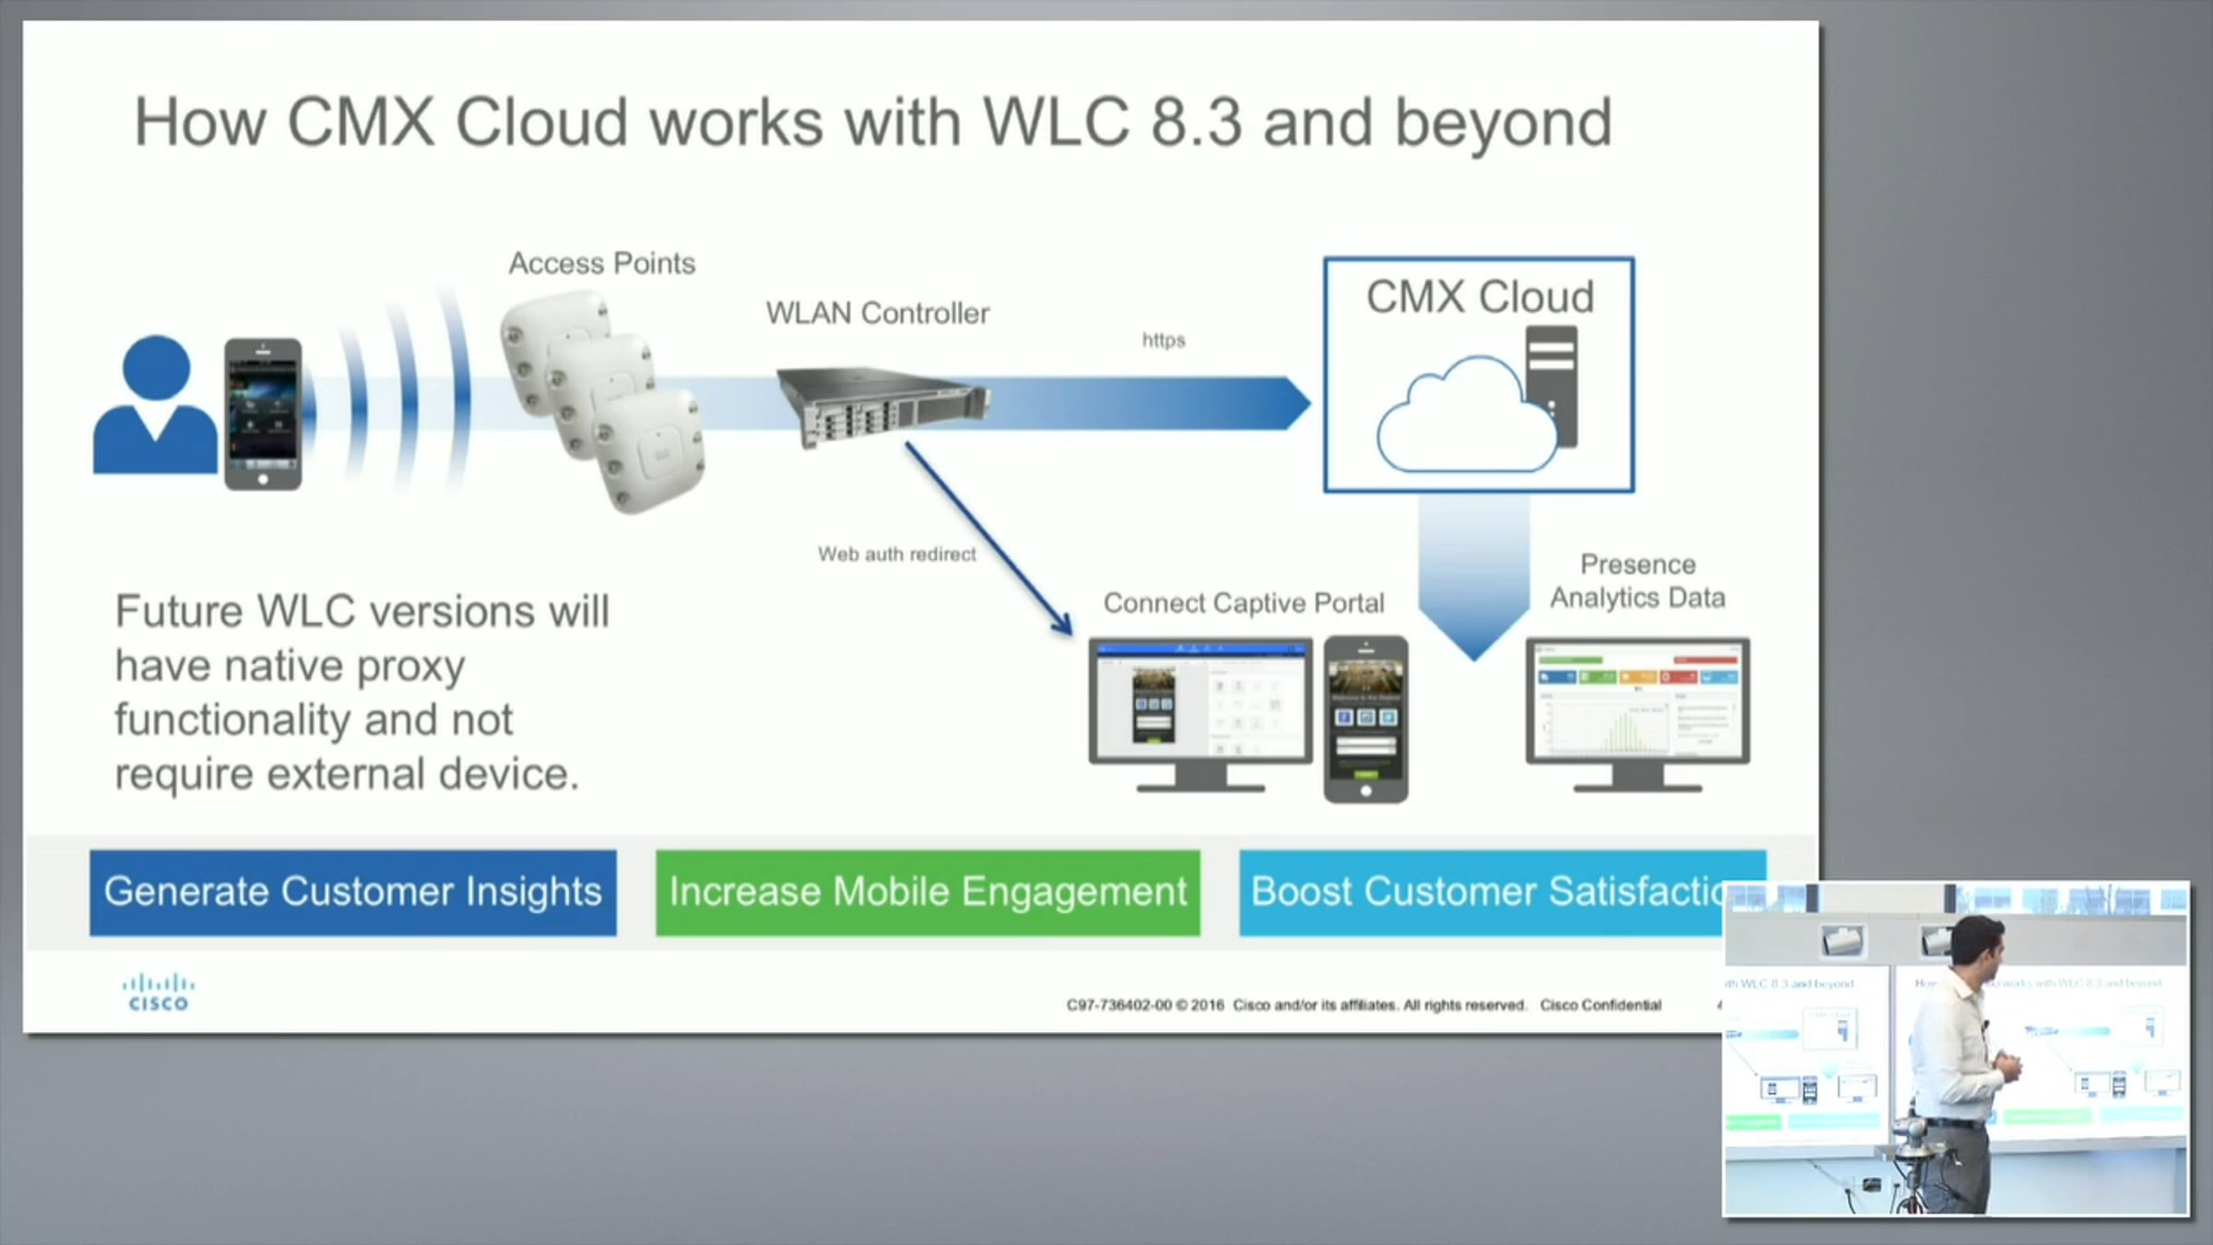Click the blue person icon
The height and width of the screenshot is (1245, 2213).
(155, 406)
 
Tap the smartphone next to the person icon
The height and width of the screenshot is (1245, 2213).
(263, 413)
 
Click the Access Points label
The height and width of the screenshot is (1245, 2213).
(601, 264)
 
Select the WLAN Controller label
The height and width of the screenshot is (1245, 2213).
(877, 314)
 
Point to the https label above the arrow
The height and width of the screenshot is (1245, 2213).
(1163, 340)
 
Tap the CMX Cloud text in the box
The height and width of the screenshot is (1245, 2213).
(1479, 297)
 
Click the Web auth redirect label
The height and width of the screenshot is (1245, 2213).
(896, 554)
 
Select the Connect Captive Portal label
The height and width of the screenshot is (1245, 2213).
(1243, 603)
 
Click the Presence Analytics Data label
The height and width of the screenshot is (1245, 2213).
(1637, 581)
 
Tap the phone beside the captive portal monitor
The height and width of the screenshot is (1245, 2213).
(1366, 717)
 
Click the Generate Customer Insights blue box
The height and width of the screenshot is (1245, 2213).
(352, 892)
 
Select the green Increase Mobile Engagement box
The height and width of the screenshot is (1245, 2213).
(928, 892)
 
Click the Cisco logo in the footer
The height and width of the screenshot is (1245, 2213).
(158, 994)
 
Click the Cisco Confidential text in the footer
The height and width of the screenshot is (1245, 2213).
(1600, 1005)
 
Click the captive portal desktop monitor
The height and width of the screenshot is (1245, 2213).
(1200, 710)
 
